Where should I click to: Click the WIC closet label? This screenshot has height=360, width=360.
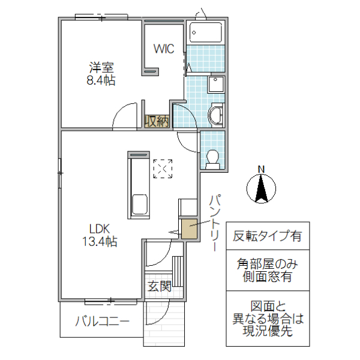(x=163, y=49)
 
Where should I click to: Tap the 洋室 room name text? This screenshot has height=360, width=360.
(x=102, y=68)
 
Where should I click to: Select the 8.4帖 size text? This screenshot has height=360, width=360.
(x=102, y=81)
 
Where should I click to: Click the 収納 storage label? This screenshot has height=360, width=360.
(x=157, y=121)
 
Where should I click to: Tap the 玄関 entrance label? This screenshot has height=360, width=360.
(x=160, y=286)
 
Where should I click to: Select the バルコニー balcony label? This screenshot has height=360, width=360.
(x=102, y=321)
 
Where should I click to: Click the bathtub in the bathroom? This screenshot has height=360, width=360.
(x=206, y=32)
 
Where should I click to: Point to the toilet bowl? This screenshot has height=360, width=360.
(x=212, y=158)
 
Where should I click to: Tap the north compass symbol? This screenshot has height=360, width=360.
(x=261, y=190)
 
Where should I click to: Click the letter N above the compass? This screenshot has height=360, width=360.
(x=261, y=169)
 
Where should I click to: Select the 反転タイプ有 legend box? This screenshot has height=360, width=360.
(x=268, y=236)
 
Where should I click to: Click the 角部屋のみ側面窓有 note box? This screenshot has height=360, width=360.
(x=268, y=269)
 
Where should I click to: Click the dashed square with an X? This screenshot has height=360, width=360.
(x=163, y=169)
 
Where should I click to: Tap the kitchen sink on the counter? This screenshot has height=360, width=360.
(x=140, y=205)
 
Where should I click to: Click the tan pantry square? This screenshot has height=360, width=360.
(x=188, y=229)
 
